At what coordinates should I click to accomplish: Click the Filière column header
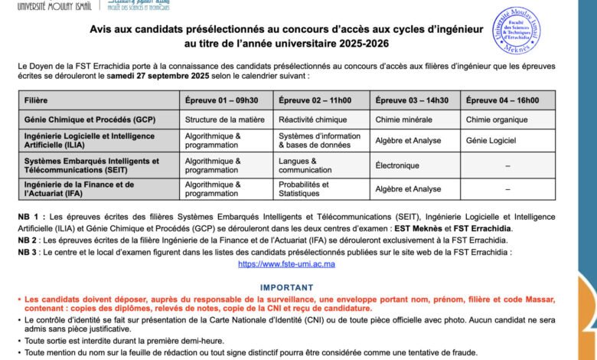36,100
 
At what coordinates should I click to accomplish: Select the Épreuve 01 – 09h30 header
221,100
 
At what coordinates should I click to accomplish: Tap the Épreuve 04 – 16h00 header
502,100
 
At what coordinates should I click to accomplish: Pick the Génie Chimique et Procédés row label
90,119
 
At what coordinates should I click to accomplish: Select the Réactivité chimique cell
312,119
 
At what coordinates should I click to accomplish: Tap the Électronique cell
397,165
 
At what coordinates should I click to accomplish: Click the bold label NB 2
31,240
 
